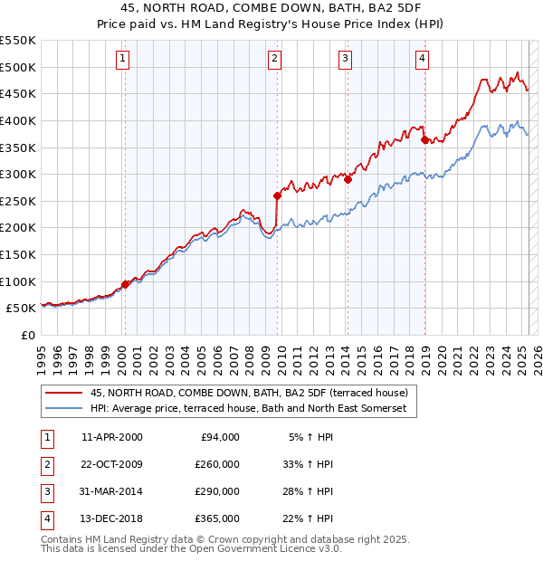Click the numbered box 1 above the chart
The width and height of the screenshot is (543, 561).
pyautogui.click(x=123, y=60)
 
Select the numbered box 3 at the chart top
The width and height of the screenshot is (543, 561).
pyautogui.click(x=346, y=60)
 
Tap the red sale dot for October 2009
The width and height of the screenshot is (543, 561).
pyautogui.click(x=277, y=195)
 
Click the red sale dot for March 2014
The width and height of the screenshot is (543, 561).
pyautogui.click(x=348, y=179)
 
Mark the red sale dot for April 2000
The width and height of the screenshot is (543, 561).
pyautogui.click(x=125, y=284)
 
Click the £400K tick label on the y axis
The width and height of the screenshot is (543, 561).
pyautogui.click(x=18, y=120)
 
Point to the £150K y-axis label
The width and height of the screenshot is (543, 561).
pyautogui.click(x=18, y=254)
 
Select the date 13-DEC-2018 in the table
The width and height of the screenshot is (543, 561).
pyautogui.click(x=112, y=518)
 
